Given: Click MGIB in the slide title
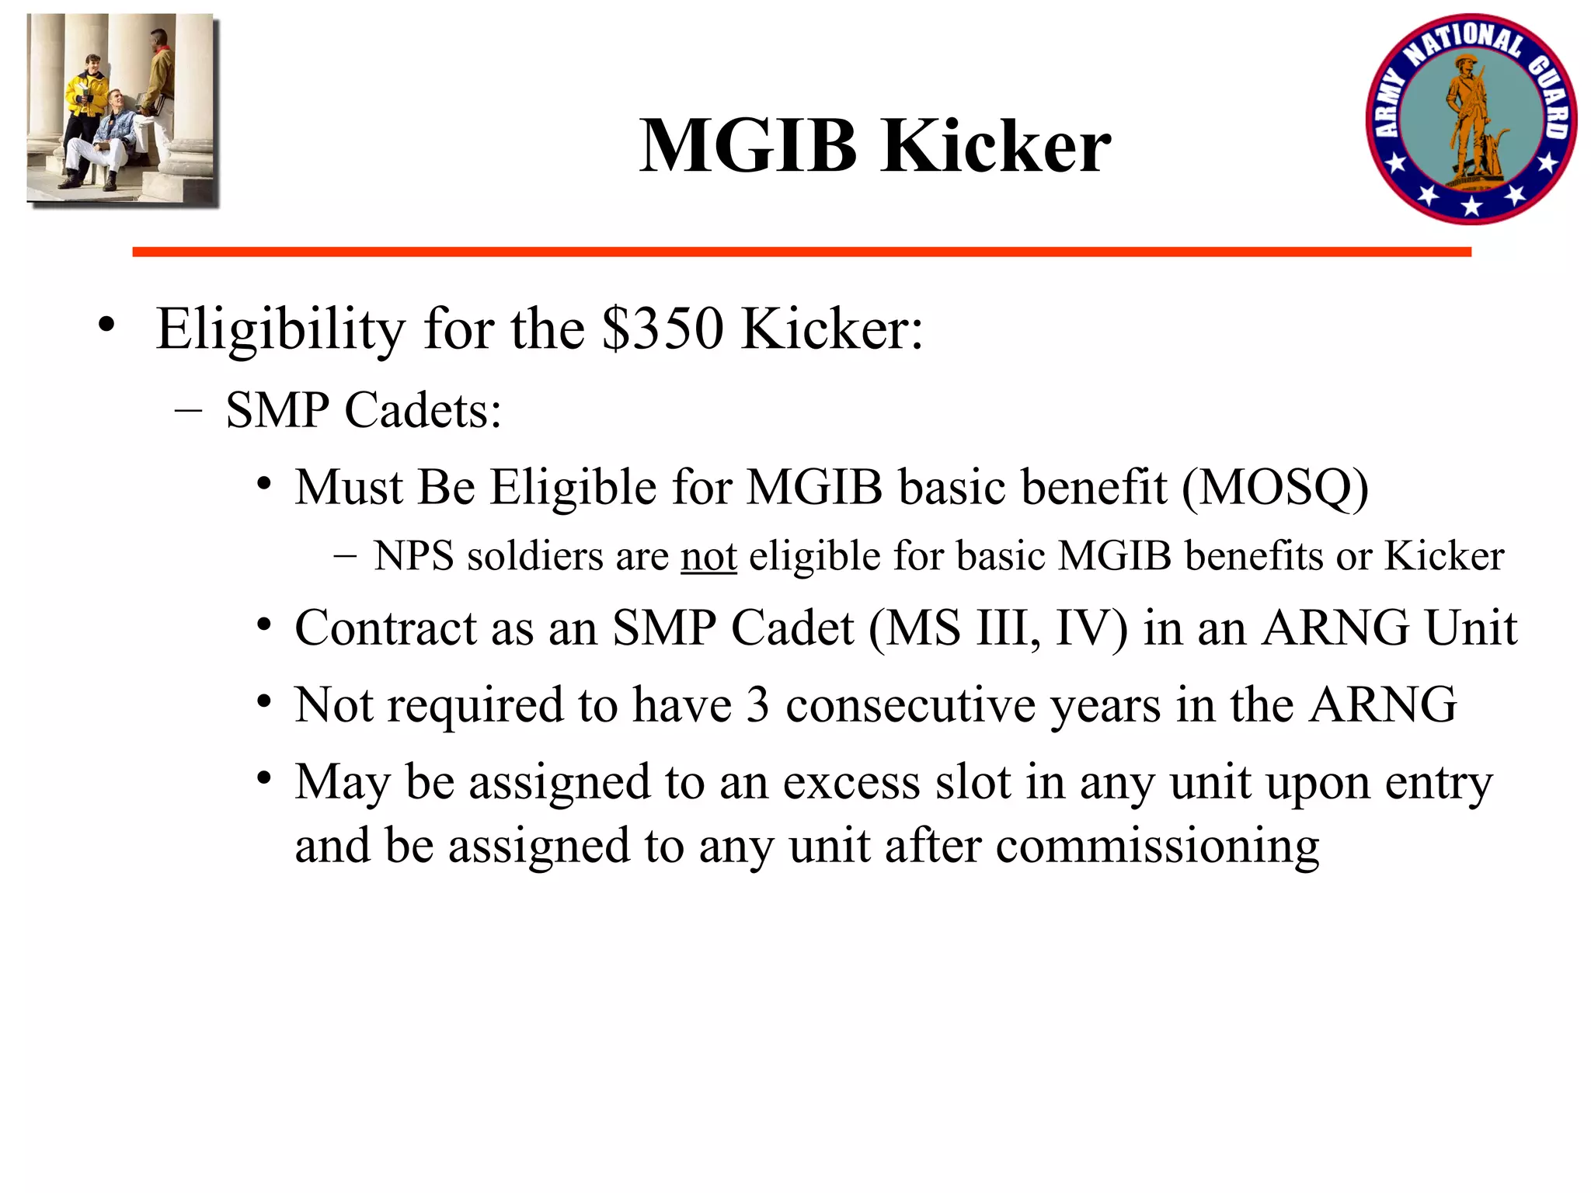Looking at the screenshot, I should [x=747, y=146].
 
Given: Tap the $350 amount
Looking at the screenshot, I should [x=662, y=329].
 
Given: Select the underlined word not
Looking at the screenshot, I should [x=708, y=556].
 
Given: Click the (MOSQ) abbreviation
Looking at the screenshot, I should [x=1275, y=488].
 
